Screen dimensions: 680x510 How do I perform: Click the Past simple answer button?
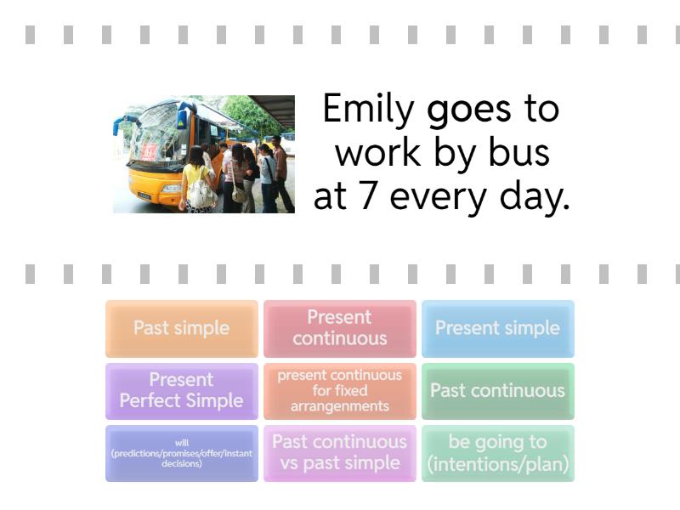click(182, 328)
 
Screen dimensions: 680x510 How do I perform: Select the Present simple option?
click(498, 328)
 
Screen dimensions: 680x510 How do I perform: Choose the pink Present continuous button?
click(339, 328)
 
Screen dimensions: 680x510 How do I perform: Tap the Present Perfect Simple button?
click(182, 391)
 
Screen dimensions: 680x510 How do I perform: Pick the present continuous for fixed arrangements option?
click(339, 391)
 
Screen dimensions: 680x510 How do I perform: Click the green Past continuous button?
click(498, 391)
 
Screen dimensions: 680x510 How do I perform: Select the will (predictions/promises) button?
click(182, 453)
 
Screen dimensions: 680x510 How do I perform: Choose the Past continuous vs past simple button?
click(339, 453)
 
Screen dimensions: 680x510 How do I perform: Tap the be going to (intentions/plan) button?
click(498, 453)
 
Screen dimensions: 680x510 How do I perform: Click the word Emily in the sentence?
click(368, 110)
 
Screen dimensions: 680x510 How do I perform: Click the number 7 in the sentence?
click(368, 196)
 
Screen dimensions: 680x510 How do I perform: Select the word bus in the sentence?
click(518, 152)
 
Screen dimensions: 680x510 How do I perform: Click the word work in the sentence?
click(377, 152)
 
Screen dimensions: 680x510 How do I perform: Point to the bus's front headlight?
click(172, 188)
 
